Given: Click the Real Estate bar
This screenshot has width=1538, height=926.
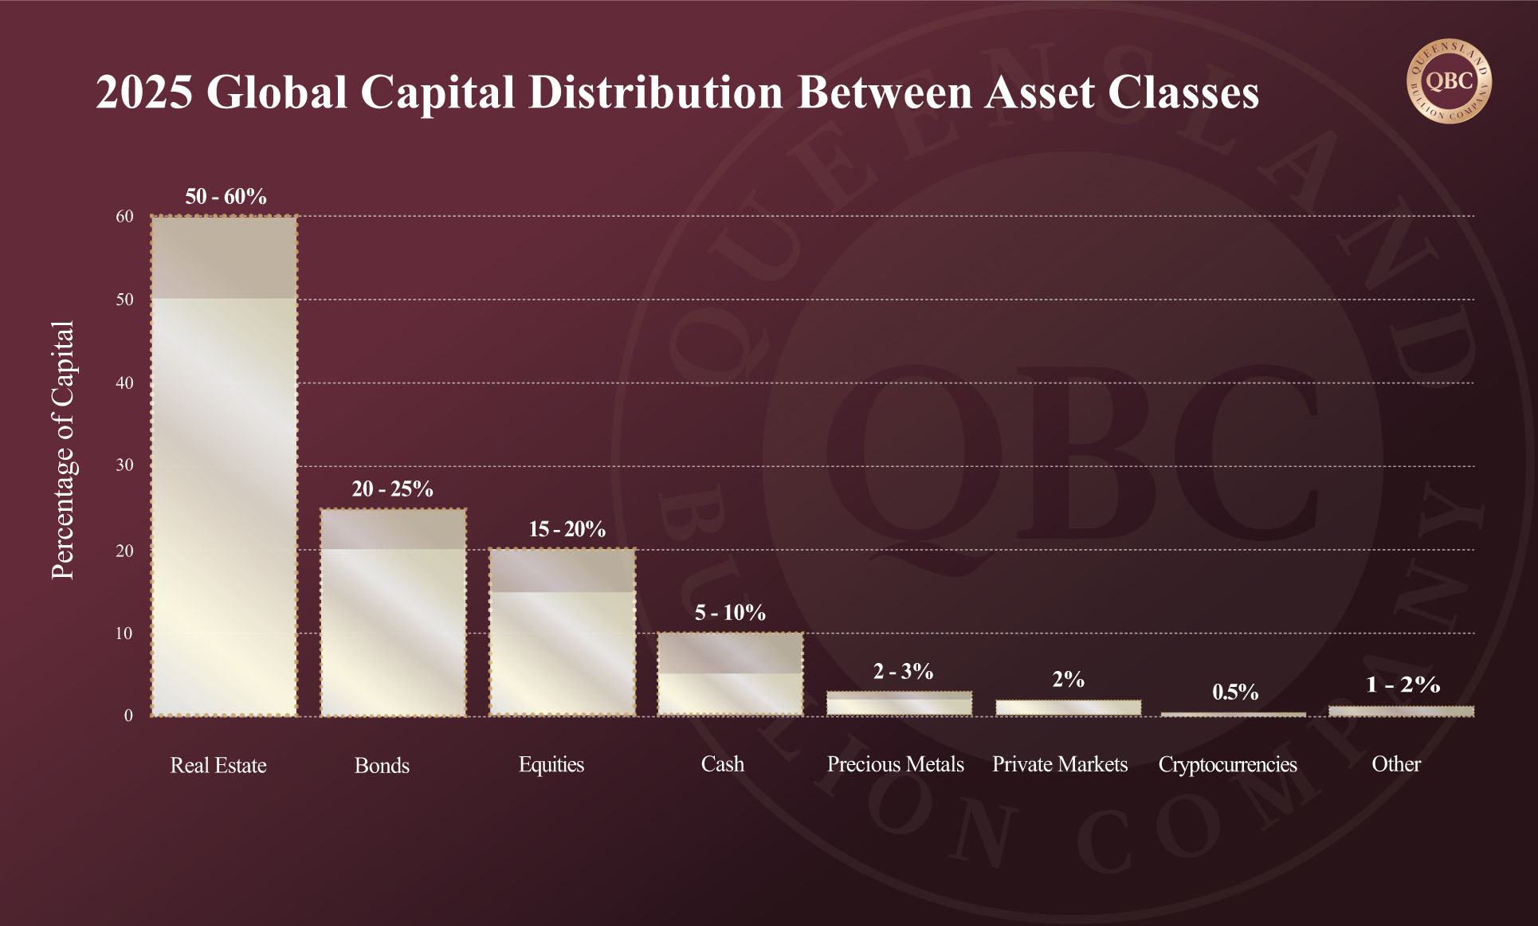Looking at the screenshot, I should click(225, 466).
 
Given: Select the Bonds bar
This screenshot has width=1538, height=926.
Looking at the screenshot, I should click(394, 612).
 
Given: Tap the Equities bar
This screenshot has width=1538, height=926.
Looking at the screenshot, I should click(563, 632).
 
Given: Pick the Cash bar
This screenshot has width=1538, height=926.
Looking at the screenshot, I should click(731, 674).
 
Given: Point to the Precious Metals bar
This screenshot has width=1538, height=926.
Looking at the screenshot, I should click(900, 703).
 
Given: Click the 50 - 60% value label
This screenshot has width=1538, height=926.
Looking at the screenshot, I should click(226, 197).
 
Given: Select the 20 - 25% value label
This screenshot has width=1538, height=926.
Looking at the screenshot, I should click(392, 489).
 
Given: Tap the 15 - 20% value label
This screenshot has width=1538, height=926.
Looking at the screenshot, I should click(567, 529).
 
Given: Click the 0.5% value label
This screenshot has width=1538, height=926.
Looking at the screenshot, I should click(1235, 692).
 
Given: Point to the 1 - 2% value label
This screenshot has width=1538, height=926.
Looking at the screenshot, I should click(1403, 685).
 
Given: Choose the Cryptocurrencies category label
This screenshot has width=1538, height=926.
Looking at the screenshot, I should click(1227, 764).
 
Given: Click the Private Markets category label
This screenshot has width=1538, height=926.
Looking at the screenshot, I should click(1060, 764).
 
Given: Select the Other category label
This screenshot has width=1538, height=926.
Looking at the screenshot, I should click(1396, 764).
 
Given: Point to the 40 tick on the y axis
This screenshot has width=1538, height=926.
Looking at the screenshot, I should click(124, 383).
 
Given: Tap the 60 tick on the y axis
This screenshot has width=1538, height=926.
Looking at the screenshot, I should click(124, 216).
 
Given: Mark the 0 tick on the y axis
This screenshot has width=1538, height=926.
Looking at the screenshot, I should click(128, 716).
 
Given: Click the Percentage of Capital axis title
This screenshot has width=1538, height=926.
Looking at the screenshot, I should click(62, 450).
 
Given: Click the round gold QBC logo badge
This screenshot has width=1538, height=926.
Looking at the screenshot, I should click(1449, 81).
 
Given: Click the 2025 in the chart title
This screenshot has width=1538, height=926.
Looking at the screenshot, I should click(144, 92).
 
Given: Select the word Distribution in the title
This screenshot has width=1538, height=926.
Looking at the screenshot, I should click(656, 92).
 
